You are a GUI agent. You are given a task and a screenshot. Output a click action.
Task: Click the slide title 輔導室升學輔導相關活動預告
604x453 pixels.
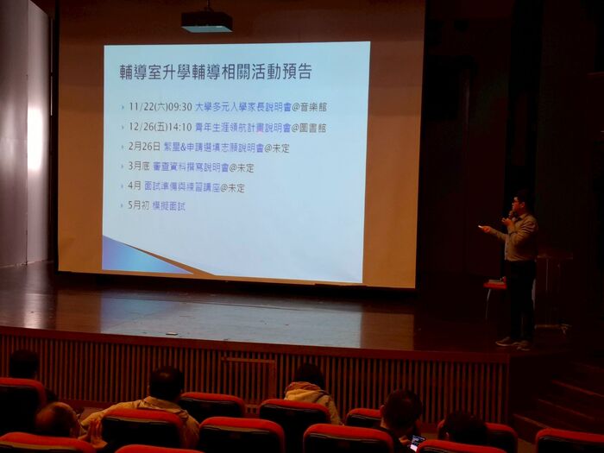[215, 72]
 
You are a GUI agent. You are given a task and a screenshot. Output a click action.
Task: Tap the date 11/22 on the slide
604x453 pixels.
[141, 107]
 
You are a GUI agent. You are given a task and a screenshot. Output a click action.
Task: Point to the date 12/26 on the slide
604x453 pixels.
[141, 127]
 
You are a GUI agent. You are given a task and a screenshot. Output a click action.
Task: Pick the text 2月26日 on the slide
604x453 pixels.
[144, 147]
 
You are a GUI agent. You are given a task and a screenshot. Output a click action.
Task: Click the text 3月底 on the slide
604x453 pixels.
[139, 167]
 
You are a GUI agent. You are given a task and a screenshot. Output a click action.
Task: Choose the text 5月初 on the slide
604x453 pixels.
[139, 206]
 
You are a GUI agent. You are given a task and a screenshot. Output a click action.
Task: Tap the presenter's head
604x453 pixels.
[519, 201]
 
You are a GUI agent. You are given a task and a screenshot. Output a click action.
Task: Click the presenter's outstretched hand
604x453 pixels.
[485, 230]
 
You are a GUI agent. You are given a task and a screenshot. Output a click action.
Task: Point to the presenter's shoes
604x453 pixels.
[513, 343]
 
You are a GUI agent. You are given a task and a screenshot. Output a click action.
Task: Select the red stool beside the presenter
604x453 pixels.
[494, 285]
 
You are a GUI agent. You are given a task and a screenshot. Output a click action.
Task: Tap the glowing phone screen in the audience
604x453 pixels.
[416, 442]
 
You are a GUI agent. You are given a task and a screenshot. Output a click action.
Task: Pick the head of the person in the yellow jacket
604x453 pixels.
[165, 383]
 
